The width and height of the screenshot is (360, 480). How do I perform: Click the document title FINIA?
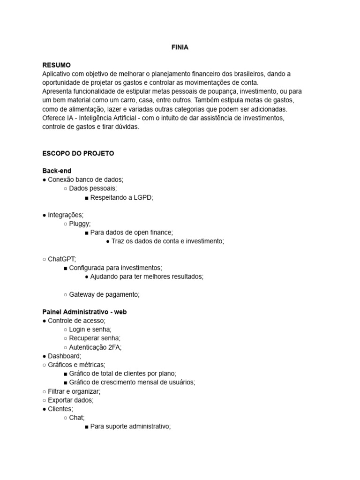click(x=180, y=47)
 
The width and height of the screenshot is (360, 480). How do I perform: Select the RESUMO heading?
click(x=56, y=65)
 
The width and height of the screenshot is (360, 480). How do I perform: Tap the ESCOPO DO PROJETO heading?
click(x=78, y=153)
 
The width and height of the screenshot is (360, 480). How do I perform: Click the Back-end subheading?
click(x=57, y=171)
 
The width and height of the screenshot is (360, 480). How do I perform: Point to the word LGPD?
click(x=143, y=197)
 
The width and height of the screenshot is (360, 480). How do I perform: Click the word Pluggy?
click(x=79, y=224)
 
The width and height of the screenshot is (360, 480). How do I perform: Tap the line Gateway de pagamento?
click(x=104, y=294)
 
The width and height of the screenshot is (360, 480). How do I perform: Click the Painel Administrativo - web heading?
click(x=84, y=312)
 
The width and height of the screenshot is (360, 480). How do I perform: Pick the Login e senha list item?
click(x=90, y=329)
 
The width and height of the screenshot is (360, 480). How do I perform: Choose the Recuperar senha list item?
click(x=95, y=338)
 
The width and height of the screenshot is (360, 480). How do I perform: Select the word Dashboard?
click(x=64, y=356)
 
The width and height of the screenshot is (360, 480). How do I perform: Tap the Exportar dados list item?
click(x=70, y=400)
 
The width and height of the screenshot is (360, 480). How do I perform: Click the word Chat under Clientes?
click(x=76, y=418)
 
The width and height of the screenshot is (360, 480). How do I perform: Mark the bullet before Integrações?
click(x=44, y=215)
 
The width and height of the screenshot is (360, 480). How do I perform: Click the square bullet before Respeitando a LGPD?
click(x=87, y=198)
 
